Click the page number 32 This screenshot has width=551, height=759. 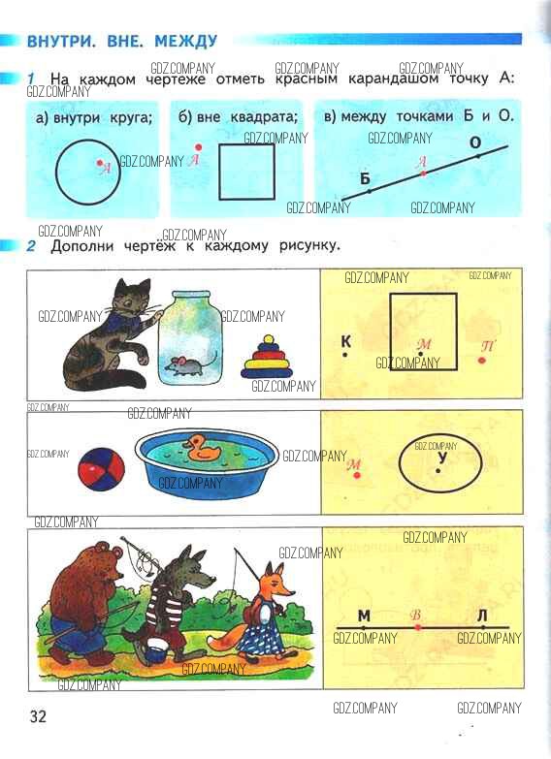pyautogui.click(x=38, y=716)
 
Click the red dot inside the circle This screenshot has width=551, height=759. pyautogui.click(x=99, y=163)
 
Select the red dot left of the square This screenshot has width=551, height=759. pyautogui.click(x=198, y=147)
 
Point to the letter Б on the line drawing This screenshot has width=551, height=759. pyautogui.click(x=365, y=178)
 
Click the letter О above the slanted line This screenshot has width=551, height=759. pyautogui.click(x=476, y=142)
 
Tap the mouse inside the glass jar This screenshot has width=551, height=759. pyautogui.click(x=189, y=364)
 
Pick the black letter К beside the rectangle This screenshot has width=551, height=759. pyautogui.click(x=345, y=341)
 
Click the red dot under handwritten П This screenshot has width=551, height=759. pyautogui.click(x=482, y=361)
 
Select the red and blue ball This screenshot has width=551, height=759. pyautogui.click(x=101, y=469)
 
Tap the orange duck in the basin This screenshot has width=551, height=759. pyautogui.click(x=202, y=447)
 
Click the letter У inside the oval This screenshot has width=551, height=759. pyautogui.click(x=441, y=458)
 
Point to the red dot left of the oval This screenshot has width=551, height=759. pyautogui.click(x=357, y=475)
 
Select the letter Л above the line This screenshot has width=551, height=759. pyautogui.click(x=482, y=616)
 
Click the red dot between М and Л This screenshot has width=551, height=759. pyautogui.click(x=418, y=627)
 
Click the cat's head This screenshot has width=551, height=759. pyautogui.click(x=132, y=299)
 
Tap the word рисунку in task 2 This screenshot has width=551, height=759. pyautogui.click(x=309, y=246)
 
